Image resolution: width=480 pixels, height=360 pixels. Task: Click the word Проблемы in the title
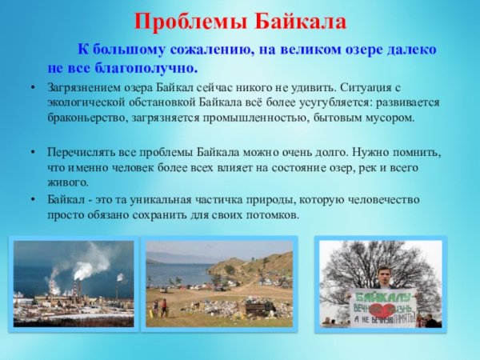[x=183, y=19]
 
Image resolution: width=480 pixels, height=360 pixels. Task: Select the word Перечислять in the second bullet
[x=81, y=150]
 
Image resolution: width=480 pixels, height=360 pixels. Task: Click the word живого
[x=67, y=182]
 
